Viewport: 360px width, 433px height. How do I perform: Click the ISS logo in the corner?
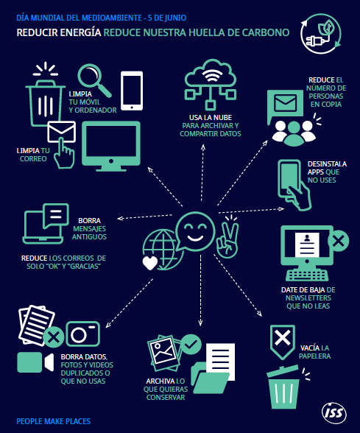334,413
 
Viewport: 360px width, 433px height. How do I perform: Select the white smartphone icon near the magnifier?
132,91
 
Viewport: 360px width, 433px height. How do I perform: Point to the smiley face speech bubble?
195,231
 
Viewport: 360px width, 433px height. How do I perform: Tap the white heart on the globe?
150,263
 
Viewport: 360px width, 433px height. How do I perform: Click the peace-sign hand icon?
227,236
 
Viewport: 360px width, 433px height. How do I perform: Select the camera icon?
82,334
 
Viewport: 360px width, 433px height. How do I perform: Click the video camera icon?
35,362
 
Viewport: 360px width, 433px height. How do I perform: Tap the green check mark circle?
191,345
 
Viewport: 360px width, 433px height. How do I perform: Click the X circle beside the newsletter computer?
339,241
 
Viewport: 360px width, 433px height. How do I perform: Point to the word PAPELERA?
315,356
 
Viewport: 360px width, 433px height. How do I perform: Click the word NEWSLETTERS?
308,298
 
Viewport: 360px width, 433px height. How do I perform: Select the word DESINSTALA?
327,164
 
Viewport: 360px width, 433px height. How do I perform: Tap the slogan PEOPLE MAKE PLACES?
54,421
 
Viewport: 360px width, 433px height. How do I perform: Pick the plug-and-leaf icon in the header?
321,33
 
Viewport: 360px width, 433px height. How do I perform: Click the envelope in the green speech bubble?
286,103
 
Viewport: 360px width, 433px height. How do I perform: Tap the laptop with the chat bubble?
46,224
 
